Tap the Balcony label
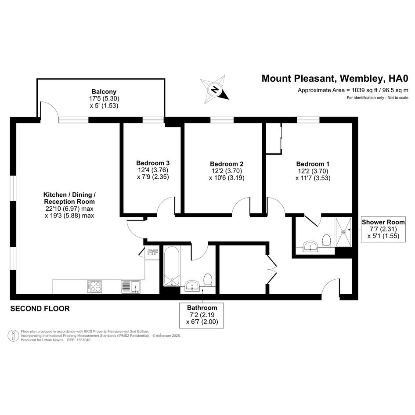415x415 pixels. pos(104,92)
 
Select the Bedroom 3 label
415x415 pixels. pos(153,163)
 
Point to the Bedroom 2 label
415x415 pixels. pos(227,164)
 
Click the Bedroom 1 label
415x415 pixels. pos(313,164)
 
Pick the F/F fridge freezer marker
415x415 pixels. pos(152,253)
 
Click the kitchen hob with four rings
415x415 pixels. pos(94,286)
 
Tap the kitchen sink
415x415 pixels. pos(132,286)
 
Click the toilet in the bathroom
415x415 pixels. pos(208,280)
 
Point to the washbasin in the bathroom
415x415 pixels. pos(192,286)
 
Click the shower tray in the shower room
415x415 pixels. pos(343,232)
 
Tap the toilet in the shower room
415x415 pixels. pos(326,240)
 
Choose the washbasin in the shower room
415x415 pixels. pos(311,246)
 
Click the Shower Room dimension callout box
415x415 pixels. pos(383,229)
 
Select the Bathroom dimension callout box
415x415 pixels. pos(202,315)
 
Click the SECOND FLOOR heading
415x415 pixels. pos(40,309)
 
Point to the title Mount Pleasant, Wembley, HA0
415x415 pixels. pos(335,78)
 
